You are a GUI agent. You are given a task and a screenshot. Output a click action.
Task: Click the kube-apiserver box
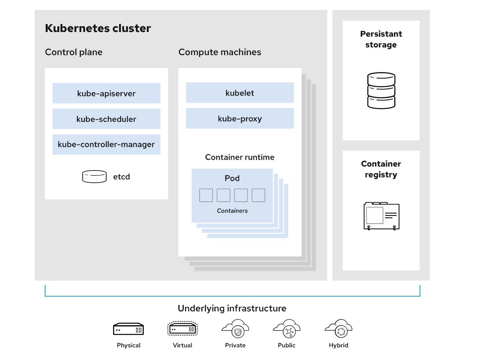(106, 93)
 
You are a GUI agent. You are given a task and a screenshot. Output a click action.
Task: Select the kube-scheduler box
(106, 119)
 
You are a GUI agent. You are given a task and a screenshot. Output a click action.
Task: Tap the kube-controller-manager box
(106, 144)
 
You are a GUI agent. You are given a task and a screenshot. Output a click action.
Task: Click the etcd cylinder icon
(94, 176)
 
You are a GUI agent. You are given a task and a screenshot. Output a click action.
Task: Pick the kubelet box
(240, 93)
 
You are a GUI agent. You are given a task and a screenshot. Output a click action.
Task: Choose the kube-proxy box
(240, 119)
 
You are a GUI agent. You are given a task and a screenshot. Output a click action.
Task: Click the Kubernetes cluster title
(98, 29)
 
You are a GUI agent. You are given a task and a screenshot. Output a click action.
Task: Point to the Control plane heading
(74, 52)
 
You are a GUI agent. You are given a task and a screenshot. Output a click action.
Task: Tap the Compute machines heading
(220, 52)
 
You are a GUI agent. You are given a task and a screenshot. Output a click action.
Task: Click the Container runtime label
(240, 157)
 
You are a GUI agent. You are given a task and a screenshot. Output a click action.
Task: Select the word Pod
(232, 178)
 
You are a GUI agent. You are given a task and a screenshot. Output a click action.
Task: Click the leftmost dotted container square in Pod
(206, 195)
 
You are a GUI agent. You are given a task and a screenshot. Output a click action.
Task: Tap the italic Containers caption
(232, 211)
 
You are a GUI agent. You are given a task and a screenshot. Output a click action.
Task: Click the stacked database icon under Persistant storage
(381, 91)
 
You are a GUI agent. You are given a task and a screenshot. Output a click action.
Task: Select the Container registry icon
(381, 216)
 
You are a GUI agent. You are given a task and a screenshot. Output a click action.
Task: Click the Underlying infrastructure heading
(232, 308)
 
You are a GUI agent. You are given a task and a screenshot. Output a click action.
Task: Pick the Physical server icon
(128, 329)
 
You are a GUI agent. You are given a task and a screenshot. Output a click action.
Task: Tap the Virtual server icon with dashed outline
(183, 329)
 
